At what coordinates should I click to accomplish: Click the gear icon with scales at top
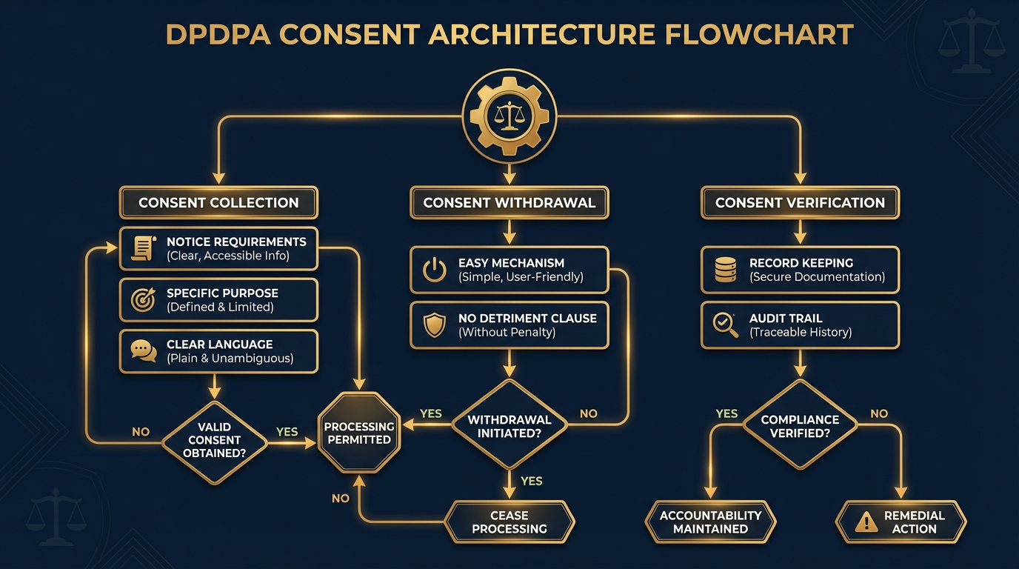pyautogui.click(x=509, y=116)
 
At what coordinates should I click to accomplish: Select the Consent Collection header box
pyautogui.click(x=218, y=202)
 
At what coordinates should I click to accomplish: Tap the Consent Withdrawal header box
pyautogui.click(x=509, y=202)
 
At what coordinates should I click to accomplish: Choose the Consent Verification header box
pyautogui.click(x=800, y=202)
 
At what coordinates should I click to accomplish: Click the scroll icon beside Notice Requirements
pyautogui.click(x=143, y=248)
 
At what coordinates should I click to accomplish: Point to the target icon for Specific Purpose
pyautogui.click(x=143, y=299)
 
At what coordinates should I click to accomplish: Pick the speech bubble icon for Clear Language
pyautogui.click(x=143, y=350)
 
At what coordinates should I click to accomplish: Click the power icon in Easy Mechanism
pyautogui.click(x=434, y=269)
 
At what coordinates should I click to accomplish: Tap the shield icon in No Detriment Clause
pyautogui.click(x=434, y=325)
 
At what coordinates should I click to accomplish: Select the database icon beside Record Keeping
pyautogui.click(x=725, y=269)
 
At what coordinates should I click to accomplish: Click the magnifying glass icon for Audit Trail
pyautogui.click(x=725, y=325)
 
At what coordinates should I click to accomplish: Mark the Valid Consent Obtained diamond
pyautogui.click(x=215, y=439)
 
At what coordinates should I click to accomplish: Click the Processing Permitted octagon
pyautogui.click(x=359, y=433)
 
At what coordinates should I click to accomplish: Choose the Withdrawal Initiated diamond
pyautogui.click(x=509, y=425)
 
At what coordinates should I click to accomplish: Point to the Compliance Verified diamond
pyautogui.click(x=800, y=425)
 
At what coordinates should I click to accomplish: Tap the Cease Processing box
pyautogui.click(x=509, y=522)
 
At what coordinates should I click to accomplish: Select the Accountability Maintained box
pyautogui.click(x=710, y=522)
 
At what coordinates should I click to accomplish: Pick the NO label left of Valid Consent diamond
pyautogui.click(x=141, y=431)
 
